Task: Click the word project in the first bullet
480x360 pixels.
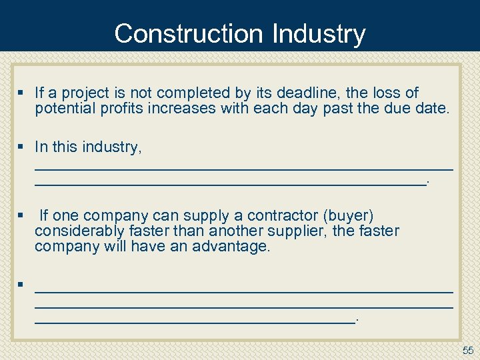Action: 83,93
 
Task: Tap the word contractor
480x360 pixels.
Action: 283,216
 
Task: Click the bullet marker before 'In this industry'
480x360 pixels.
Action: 21,147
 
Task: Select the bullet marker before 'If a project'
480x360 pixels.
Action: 21,93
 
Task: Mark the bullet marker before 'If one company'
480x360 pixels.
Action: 21,216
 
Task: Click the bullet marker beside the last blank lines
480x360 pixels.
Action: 21,285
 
